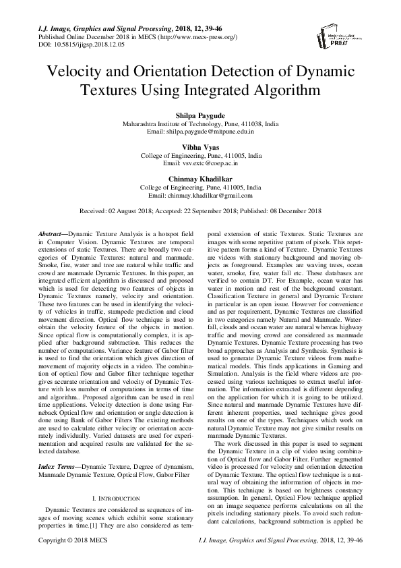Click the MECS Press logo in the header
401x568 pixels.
pyautogui.click(x=351, y=34)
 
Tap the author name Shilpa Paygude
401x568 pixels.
pyautogui.click(x=199, y=116)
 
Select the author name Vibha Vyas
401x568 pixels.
pyautogui.click(x=199, y=146)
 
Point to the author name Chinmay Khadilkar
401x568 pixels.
pyautogui.click(x=199, y=178)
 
